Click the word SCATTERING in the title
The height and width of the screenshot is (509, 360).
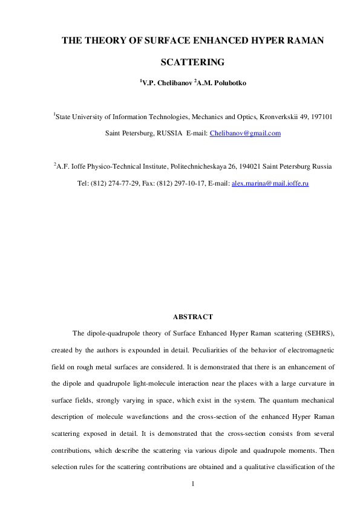point(192,62)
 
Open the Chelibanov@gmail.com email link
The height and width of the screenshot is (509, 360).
point(244,133)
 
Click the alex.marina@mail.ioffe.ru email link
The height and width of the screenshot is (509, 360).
point(270,183)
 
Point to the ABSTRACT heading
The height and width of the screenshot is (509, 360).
point(193,317)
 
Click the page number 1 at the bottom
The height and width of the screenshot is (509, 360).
point(192,484)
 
